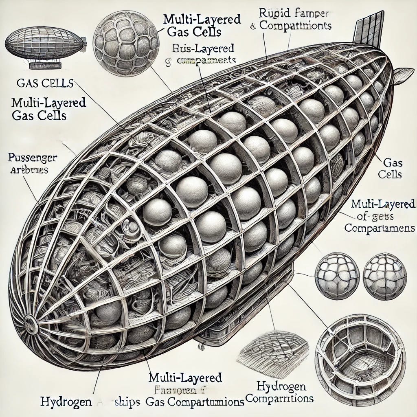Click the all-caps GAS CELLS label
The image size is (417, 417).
[x=45, y=84]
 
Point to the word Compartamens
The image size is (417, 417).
[x=379, y=228]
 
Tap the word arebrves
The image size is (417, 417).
[x=29, y=170]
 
